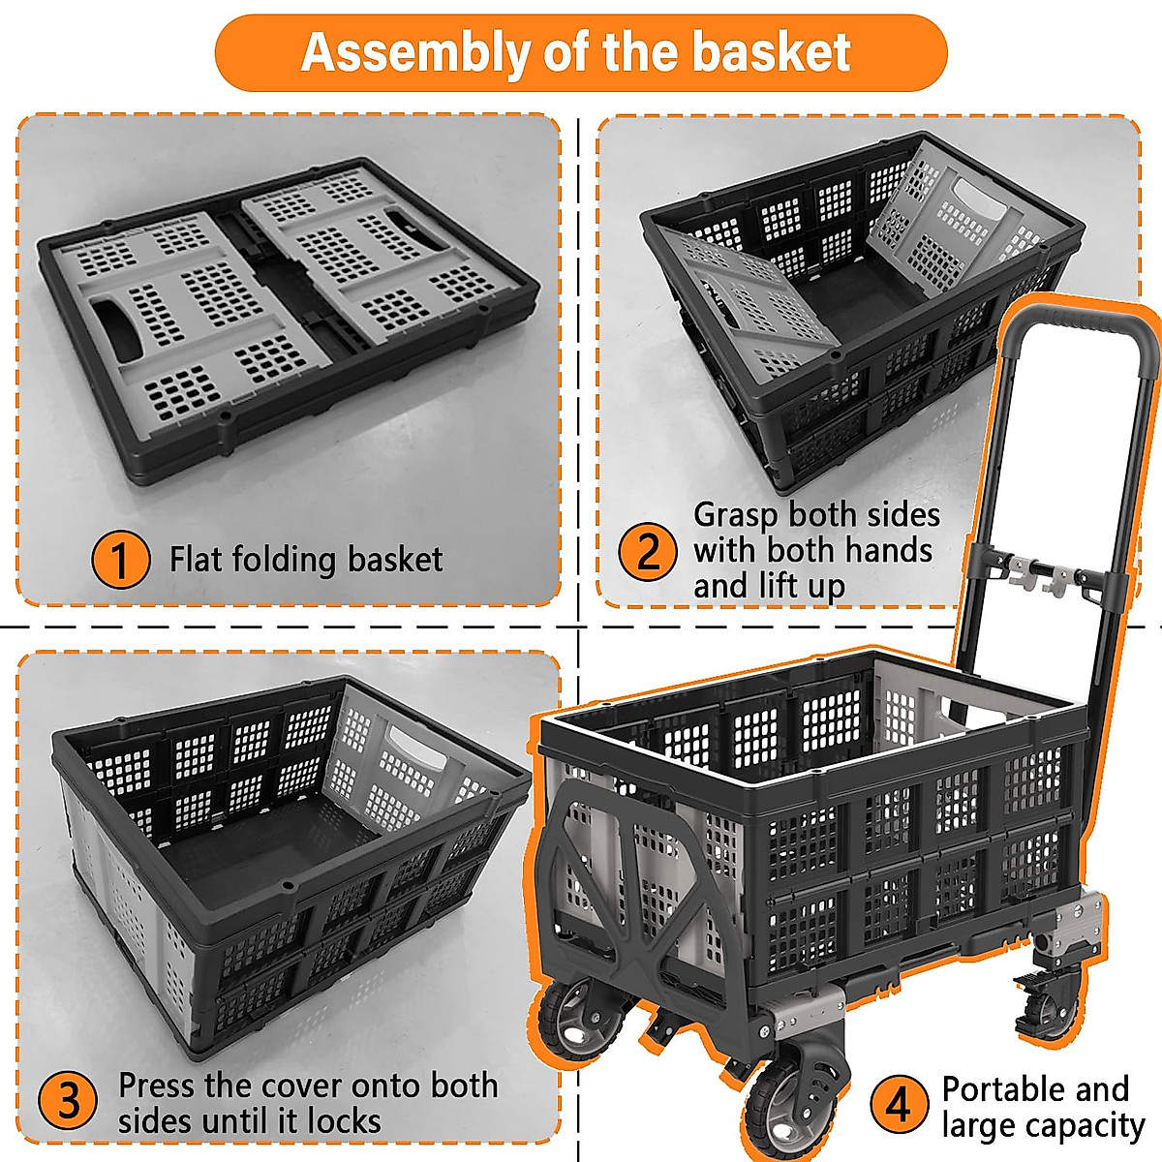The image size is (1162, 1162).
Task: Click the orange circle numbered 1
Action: [x=120, y=560]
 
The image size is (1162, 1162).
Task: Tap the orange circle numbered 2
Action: [x=648, y=550]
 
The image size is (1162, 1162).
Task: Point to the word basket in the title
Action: [x=771, y=52]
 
